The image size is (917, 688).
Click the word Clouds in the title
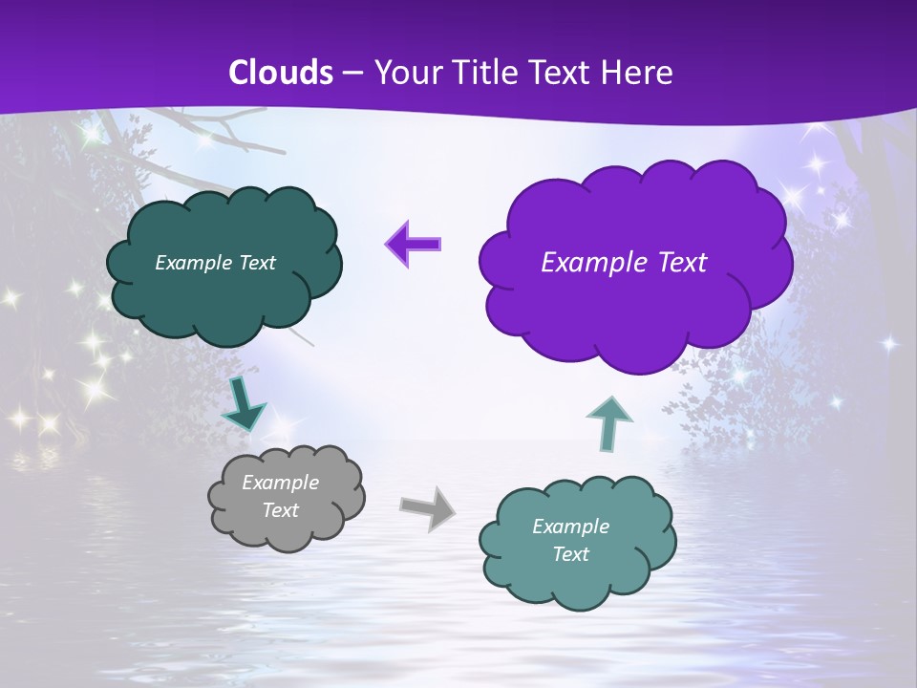[281, 73]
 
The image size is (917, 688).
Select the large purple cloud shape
[635, 306]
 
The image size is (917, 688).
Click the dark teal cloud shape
[224, 301]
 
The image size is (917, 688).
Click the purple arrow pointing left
[413, 244]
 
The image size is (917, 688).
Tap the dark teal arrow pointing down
[244, 405]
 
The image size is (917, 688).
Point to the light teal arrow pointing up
[608, 423]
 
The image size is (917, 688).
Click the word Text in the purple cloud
[681, 263]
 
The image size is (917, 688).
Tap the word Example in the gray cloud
[280, 483]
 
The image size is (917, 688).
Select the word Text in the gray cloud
[280, 510]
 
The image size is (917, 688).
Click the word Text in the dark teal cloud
[257, 263]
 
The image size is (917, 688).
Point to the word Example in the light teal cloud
[570, 527]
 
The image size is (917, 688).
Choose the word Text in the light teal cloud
[570, 554]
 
